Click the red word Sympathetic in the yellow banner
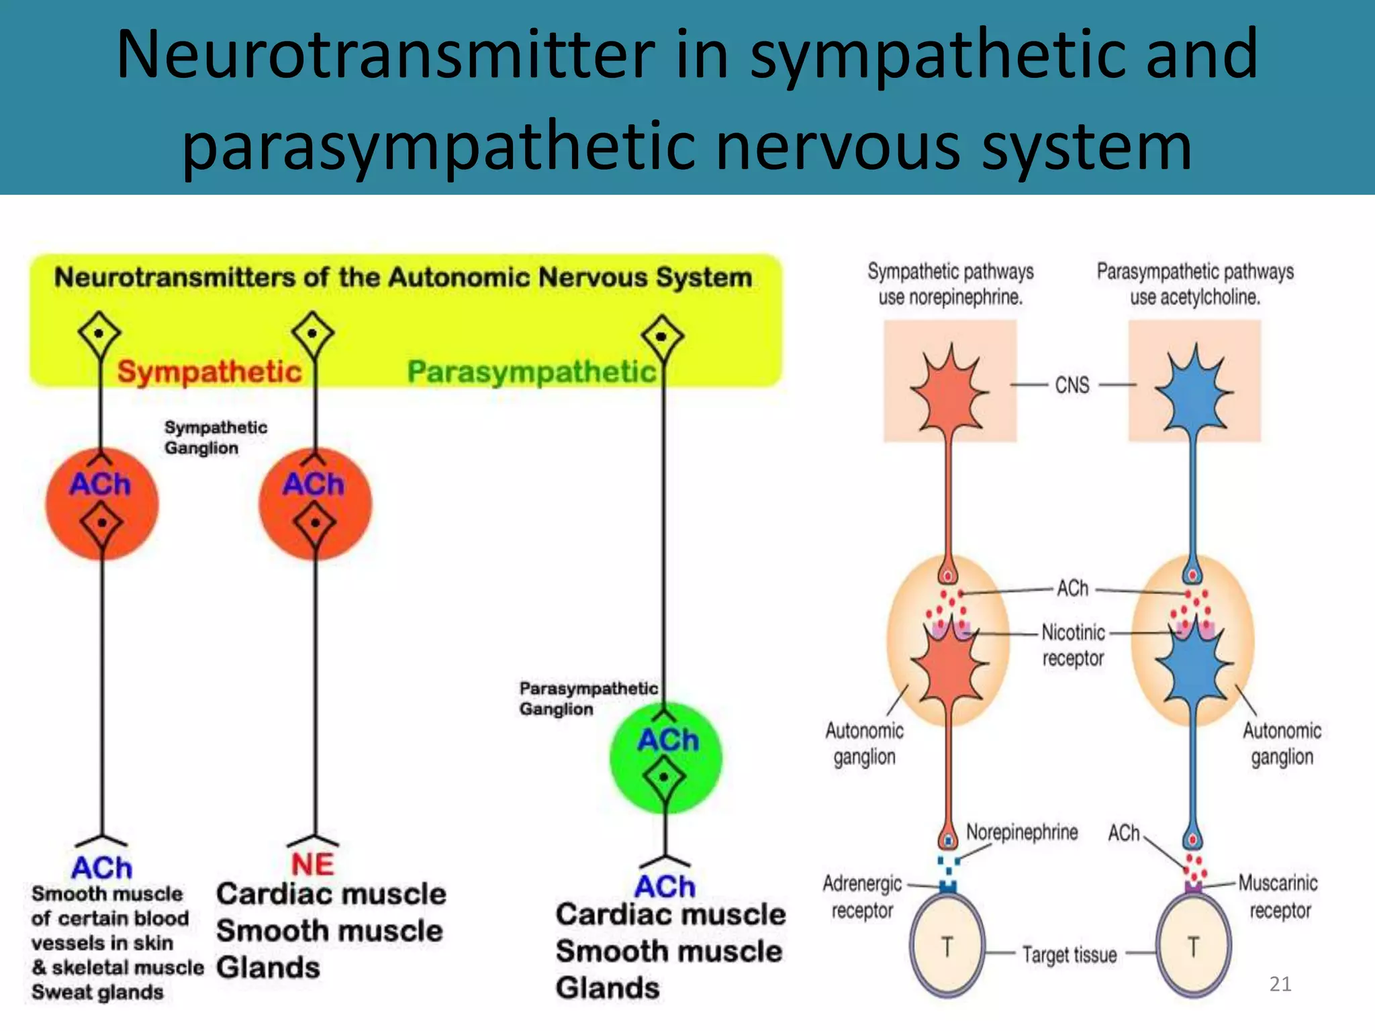(209, 371)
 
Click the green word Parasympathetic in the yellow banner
(531, 371)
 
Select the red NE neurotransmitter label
(313, 864)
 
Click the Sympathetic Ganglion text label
(215, 437)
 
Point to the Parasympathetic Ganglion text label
(587, 698)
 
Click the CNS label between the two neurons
(1072, 385)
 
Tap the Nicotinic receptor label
(1073, 644)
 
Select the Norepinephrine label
(1021, 832)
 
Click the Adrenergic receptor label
(862, 897)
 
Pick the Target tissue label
(1069, 954)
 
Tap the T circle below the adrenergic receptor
(947, 946)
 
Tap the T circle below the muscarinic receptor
(1193, 946)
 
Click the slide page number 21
(1280, 984)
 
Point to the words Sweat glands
(97, 992)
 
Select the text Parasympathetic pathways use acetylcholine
(1194, 284)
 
